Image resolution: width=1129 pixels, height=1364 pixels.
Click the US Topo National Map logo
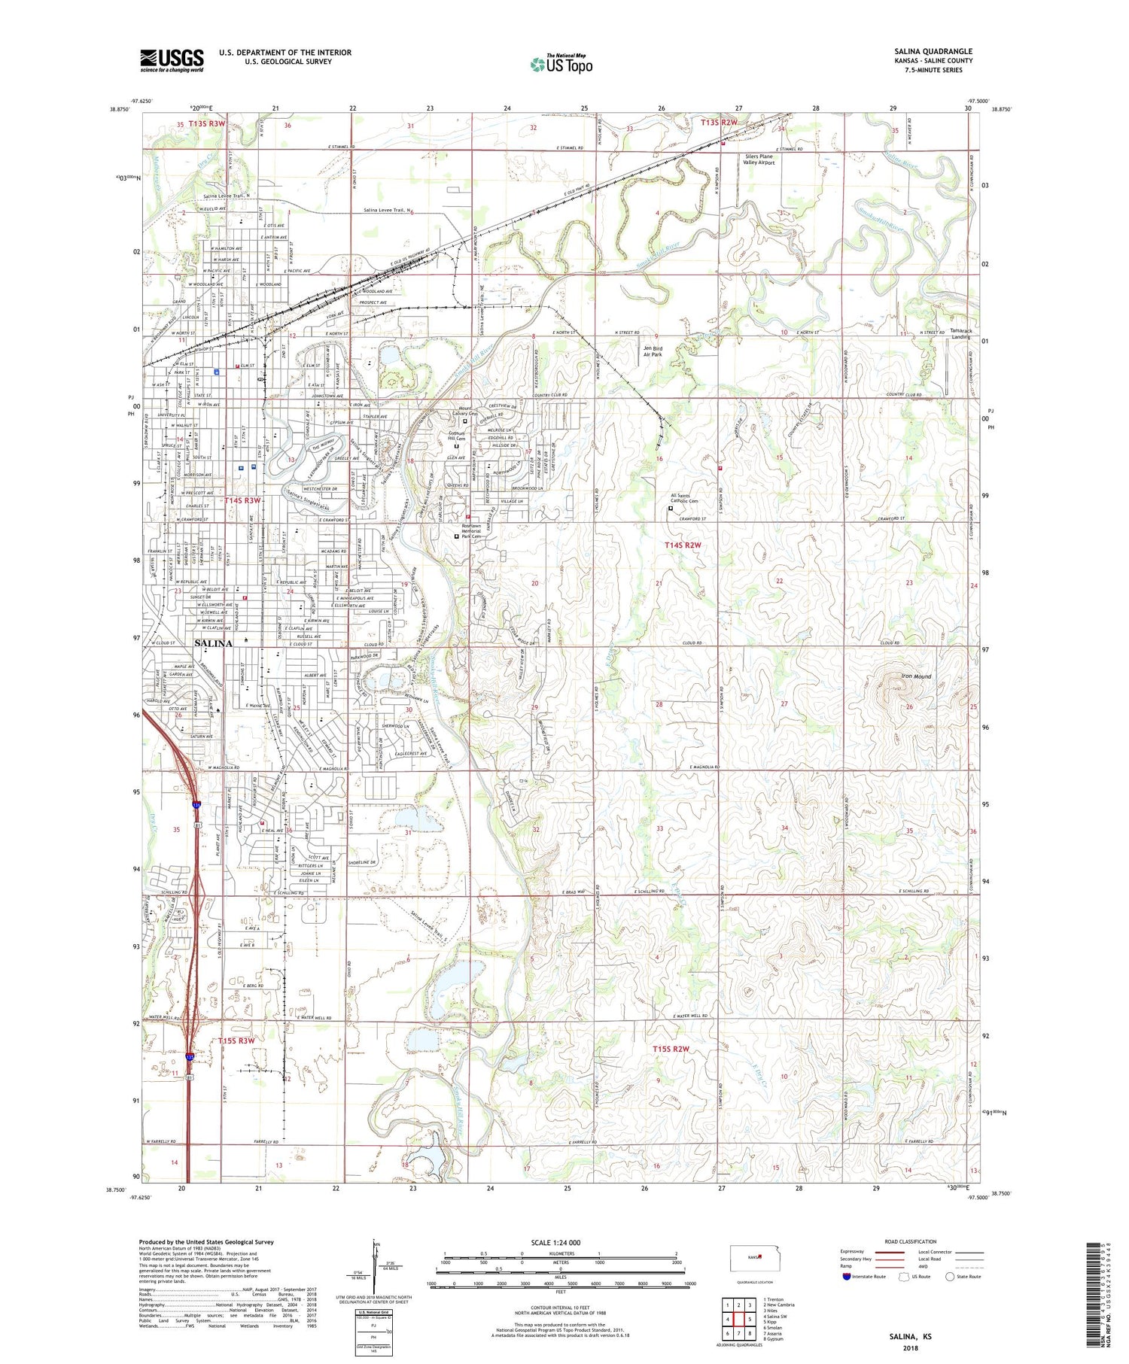(561, 64)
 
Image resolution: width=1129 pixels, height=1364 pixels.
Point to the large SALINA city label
(213, 644)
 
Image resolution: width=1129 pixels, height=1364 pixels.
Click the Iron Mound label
(916, 676)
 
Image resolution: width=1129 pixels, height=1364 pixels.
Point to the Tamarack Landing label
(960, 333)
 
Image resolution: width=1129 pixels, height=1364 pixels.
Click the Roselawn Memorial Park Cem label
(476, 531)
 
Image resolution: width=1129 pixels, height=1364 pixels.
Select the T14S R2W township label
(683, 545)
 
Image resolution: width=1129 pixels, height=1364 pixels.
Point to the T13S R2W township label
(718, 122)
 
